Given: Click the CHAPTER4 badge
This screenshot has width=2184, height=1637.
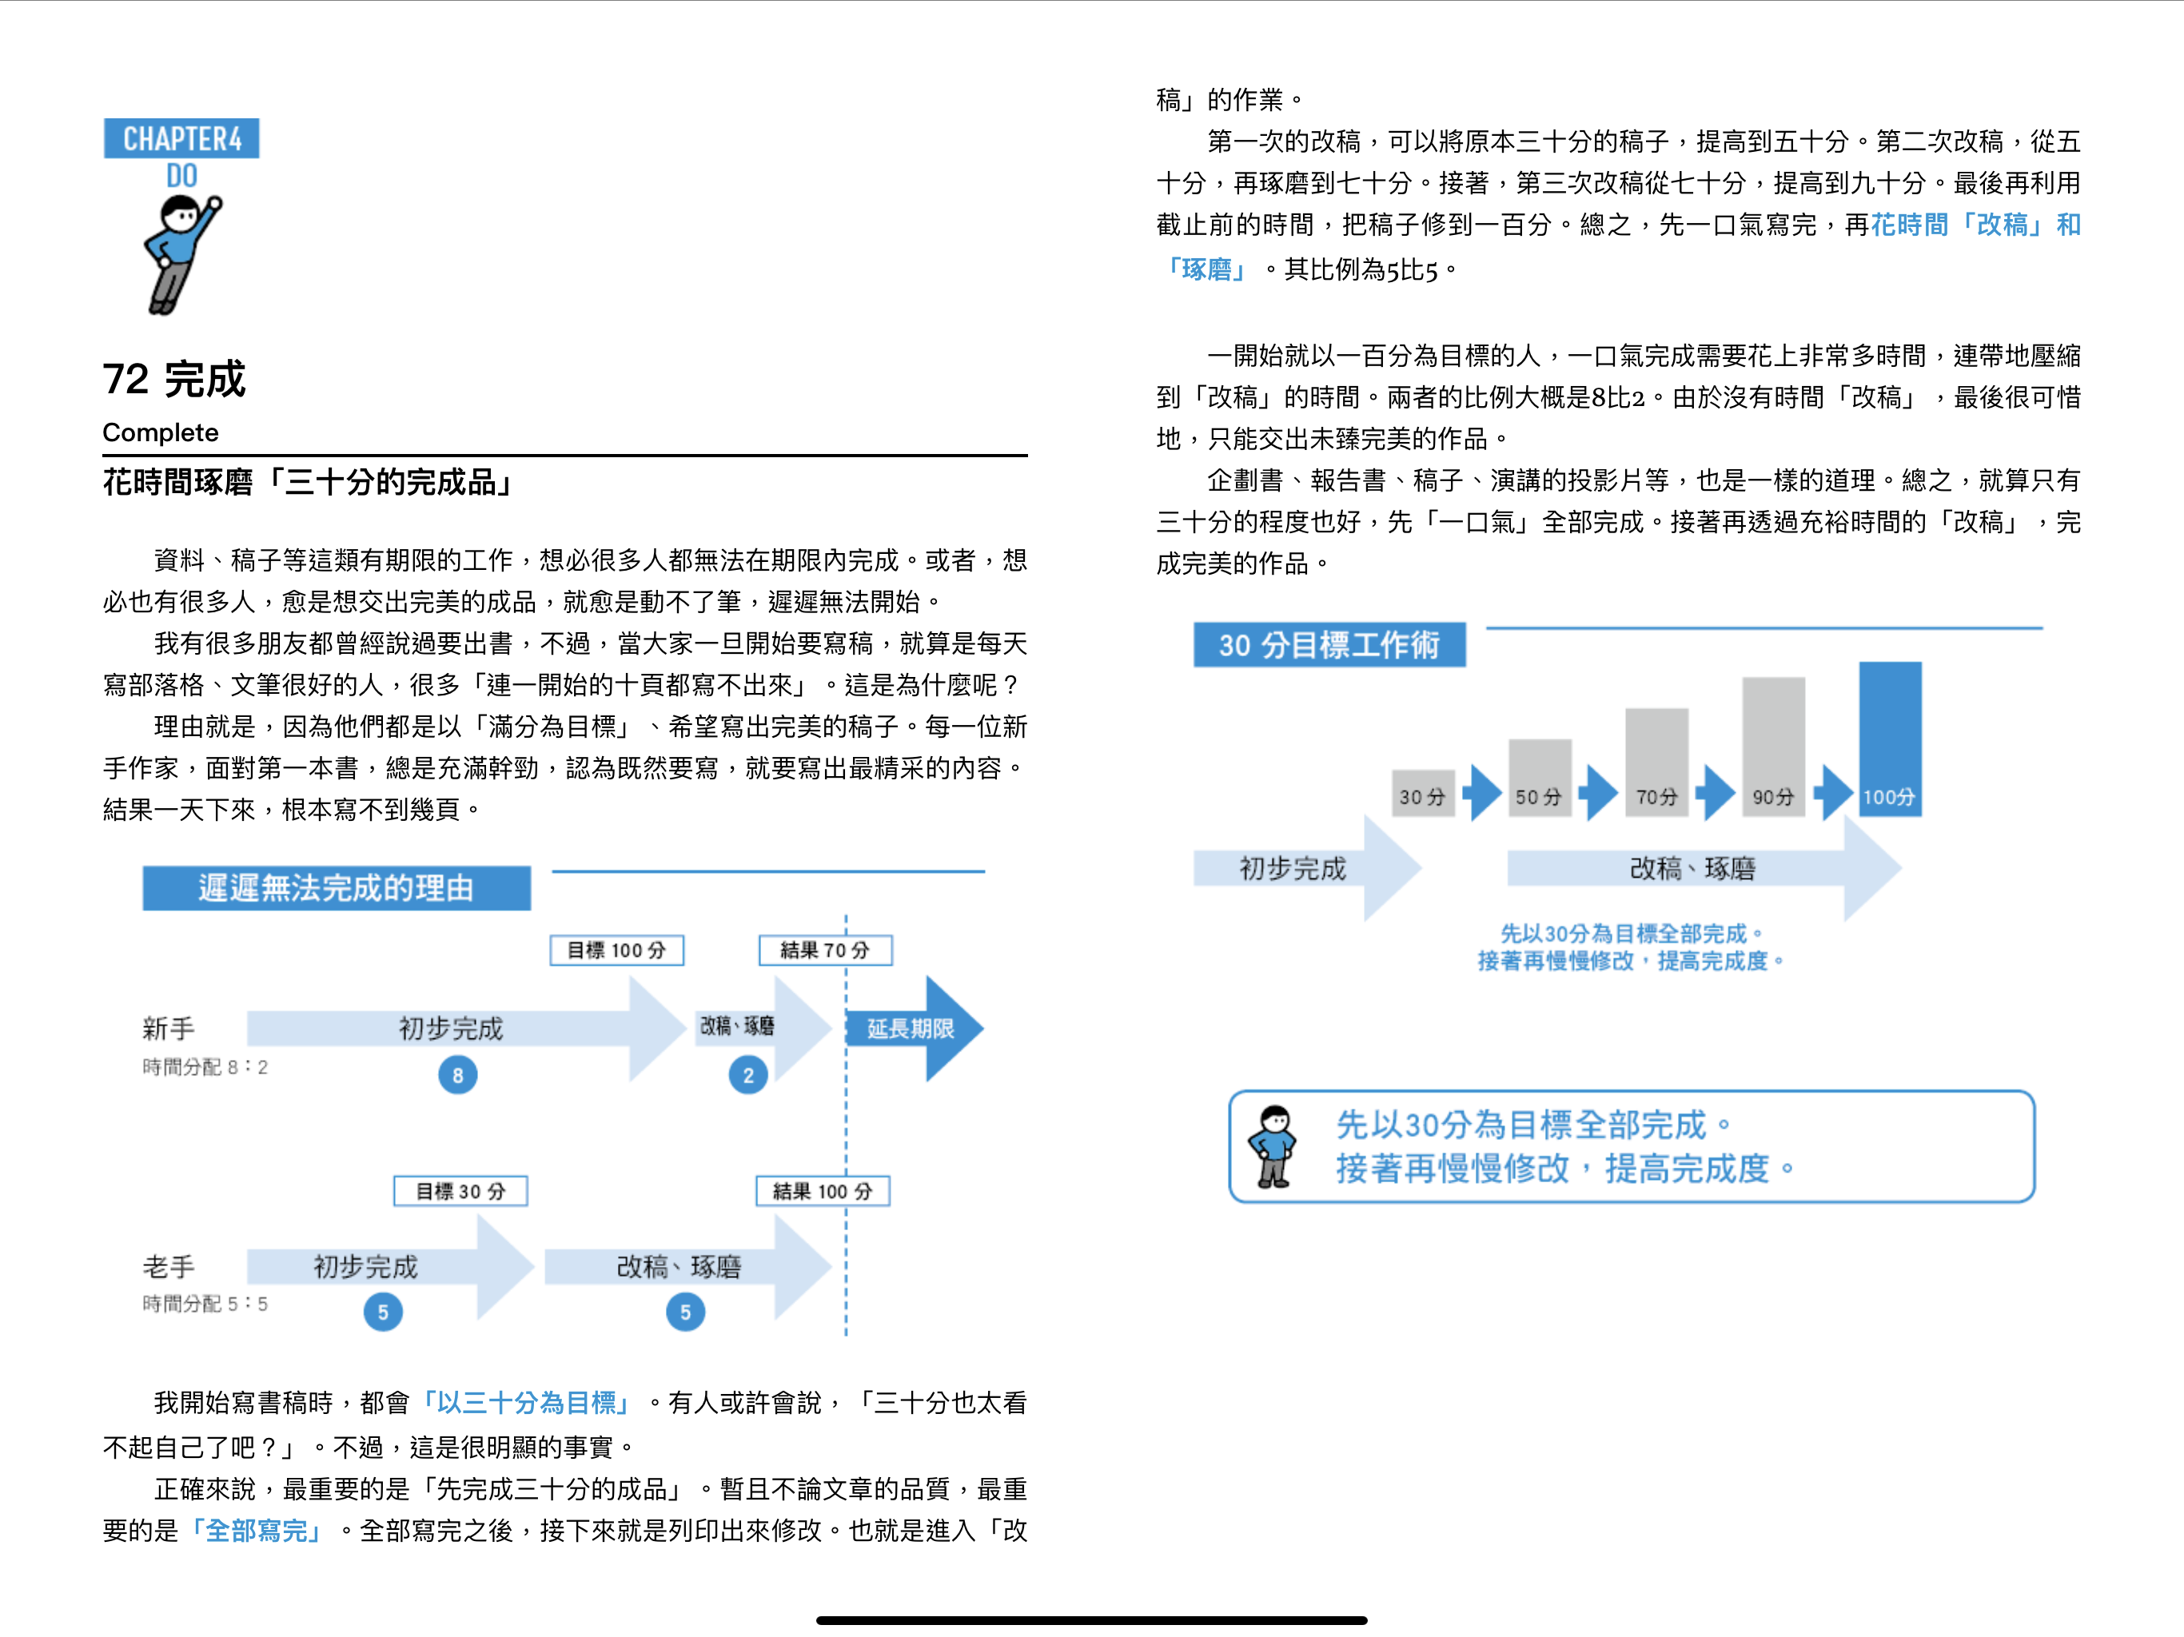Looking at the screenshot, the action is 181,138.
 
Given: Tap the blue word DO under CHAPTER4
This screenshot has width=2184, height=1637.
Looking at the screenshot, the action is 181,177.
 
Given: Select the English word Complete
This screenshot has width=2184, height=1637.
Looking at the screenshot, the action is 161,432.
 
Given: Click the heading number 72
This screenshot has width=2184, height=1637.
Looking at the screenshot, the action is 126,379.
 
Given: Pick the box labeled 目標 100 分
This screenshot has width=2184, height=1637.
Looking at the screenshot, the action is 617,950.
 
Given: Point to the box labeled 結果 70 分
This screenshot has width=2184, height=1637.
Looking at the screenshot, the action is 826,950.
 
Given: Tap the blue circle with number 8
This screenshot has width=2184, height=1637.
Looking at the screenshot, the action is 458,1075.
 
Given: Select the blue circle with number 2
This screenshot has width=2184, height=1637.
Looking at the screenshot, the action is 748,1075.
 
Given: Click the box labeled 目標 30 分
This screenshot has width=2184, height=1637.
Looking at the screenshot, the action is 460,1191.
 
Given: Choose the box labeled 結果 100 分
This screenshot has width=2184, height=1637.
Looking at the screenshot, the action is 823,1191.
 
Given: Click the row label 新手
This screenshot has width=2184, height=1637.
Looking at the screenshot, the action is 169,1029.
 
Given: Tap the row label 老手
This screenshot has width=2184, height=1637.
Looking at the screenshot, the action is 169,1267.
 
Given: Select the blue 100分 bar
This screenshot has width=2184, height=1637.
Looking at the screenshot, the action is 1890,739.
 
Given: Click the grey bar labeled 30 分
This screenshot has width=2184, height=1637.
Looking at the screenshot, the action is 1423,794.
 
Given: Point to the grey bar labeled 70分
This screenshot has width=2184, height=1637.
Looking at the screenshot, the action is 1656,763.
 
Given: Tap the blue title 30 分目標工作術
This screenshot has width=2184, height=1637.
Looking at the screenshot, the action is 1329,645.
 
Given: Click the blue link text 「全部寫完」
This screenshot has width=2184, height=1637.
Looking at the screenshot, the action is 257,1531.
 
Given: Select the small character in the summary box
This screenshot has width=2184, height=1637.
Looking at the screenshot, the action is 1273,1146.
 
